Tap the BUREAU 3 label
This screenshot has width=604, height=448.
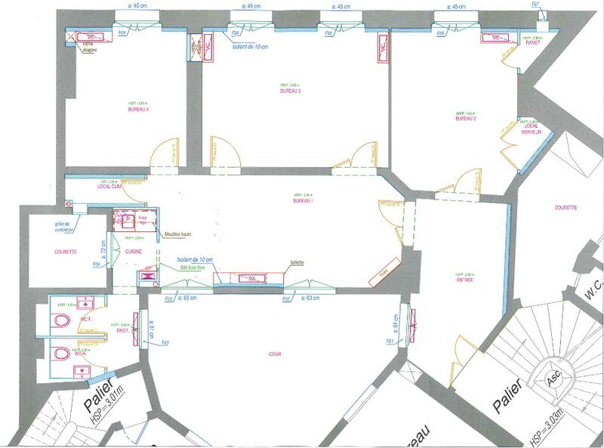tap(290, 91)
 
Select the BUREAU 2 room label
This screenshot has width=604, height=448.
tap(467, 119)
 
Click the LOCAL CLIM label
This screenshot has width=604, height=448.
tap(110, 186)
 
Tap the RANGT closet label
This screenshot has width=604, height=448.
tap(535, 42)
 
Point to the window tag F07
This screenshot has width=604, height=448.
tap(535, 5)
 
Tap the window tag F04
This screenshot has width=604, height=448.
tap(96, 264)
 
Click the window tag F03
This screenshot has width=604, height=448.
tap(165, 344)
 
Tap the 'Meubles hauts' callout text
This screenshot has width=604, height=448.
tap(177, 234)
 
